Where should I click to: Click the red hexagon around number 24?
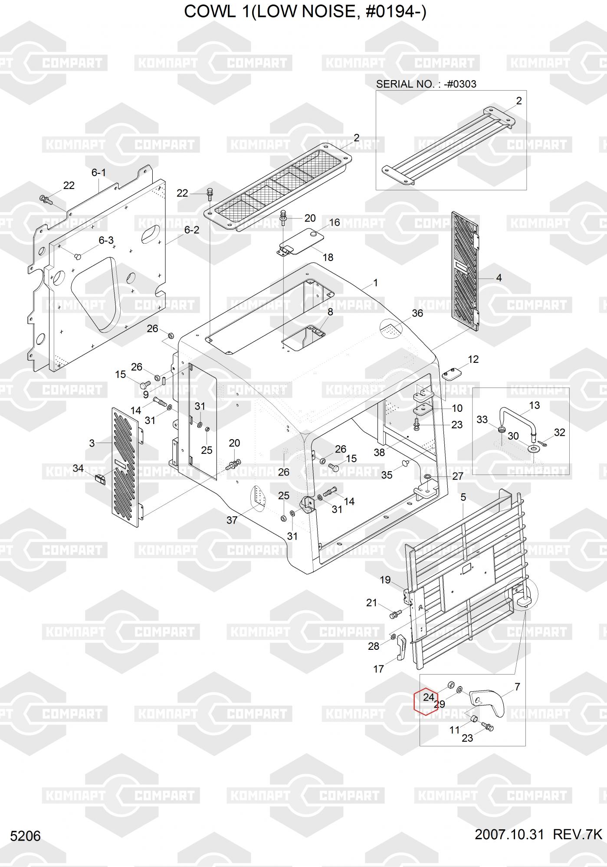(x=426, y=701)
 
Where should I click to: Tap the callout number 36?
(x=417, y=313)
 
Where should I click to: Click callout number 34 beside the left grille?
(x=78, y=468)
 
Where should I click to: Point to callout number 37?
(x=232, y=520)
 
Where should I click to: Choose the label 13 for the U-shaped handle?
(x=534, y=405)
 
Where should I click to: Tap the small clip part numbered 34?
(x=100, y=479)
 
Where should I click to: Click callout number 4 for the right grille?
(x=499, y=277)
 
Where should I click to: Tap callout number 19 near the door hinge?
(x=385, y=580)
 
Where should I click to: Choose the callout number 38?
(x=379, y=453)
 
